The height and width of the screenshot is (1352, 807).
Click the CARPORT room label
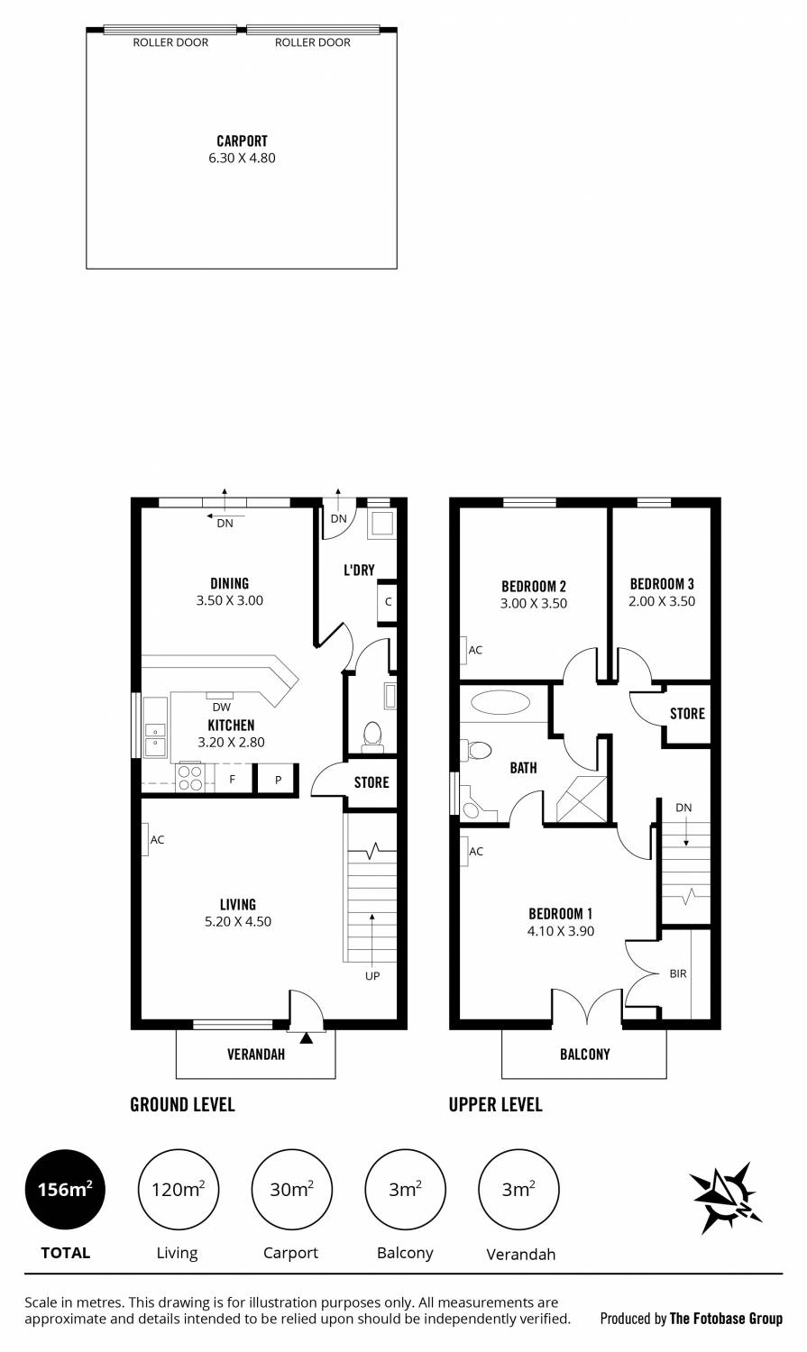[242, 141]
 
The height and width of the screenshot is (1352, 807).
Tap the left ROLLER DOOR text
[170, 42]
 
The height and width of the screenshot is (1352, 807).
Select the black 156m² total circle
[65, 1190]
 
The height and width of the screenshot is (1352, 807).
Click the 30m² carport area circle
[291, 1190]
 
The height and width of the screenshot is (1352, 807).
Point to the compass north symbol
[725, 1197]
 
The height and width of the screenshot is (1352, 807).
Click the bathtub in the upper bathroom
[500, 702]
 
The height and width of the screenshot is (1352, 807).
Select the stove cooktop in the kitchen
[190, 778]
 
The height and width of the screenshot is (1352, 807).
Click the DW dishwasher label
[222, 707]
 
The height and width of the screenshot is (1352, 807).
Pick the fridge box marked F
[233, 779]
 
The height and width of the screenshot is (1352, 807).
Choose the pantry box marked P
[278, 780]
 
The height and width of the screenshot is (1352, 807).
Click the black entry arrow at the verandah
[307, 1037]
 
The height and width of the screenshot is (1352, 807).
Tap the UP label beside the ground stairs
[372, 976]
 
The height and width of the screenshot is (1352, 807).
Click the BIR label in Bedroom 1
[678, 973]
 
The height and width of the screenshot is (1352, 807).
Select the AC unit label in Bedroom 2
[475, 650]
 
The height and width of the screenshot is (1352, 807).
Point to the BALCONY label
[585, 1054]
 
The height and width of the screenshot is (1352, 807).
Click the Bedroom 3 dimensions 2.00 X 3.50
[662, 601]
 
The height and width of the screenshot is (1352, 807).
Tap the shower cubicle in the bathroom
[582, 799]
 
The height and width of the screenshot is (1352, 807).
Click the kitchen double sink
[155, 739]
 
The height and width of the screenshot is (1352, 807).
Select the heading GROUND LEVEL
[182, 1104]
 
